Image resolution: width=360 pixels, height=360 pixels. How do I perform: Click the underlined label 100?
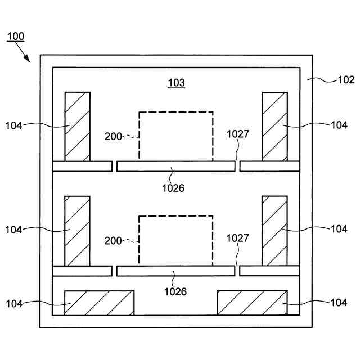(x=15, y=37)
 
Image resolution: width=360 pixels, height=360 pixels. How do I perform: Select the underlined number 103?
(x=176, y=83)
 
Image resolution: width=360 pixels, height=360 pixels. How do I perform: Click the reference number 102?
(x=346, y=79)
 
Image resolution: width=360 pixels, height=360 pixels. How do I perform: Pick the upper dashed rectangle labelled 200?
(x=176, y=136)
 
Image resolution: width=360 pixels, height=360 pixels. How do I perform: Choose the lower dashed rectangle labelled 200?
(x=176, y=240)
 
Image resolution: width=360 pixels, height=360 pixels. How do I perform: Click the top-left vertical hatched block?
(x=77, y=126)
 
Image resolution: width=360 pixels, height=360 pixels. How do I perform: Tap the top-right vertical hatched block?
(x=274, y=126)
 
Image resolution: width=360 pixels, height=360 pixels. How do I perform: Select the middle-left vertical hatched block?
(x=77, y=230)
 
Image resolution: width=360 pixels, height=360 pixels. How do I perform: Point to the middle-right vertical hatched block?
(x=274, y=230)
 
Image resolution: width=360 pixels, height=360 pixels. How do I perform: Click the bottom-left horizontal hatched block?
(x=99, y=303)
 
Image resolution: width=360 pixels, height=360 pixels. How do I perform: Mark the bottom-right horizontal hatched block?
(x=252, y=303)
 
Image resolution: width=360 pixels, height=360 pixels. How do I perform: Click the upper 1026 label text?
(x=173, y=188)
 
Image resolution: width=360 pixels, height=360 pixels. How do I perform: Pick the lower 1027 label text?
(x=238, y=238)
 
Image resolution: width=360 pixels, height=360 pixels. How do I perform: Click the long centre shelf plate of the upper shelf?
(x=175, y=166)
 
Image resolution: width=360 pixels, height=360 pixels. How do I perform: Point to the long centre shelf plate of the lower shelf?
(x=175, y=271)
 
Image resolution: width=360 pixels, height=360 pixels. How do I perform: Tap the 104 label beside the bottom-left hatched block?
(x=13, y=304)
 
